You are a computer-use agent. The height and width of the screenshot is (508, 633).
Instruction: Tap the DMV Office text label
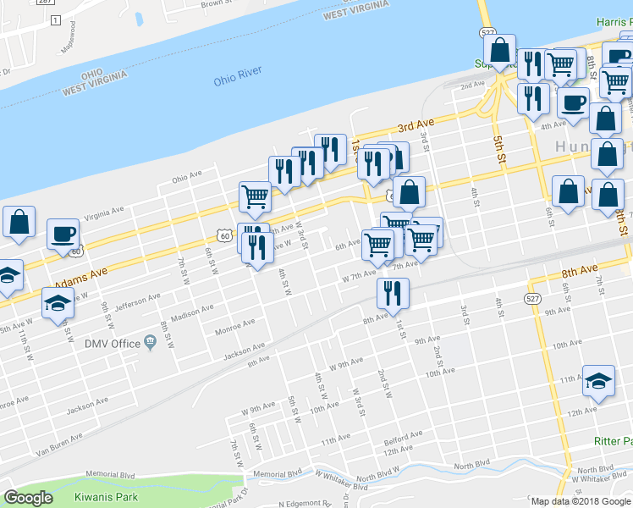click(x=113, y=343)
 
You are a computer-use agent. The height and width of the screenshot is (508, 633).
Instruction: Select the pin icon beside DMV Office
click(x=151, y=342)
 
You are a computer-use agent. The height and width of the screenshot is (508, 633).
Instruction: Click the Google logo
click(x=29, y=498)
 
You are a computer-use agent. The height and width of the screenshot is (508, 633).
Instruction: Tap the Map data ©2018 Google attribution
click(x=580, y=501)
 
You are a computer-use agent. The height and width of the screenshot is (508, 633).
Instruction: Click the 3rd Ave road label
click(x=416, y=127)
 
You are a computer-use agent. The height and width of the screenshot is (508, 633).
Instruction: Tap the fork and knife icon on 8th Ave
click(x=393, y=292)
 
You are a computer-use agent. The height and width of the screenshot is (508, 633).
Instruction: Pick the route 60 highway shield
click(x=223, y=237)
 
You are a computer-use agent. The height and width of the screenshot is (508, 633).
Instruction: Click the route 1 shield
click(x=55, y=19)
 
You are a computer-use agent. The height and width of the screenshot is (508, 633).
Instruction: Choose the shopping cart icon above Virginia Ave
click(x=255, y=196)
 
